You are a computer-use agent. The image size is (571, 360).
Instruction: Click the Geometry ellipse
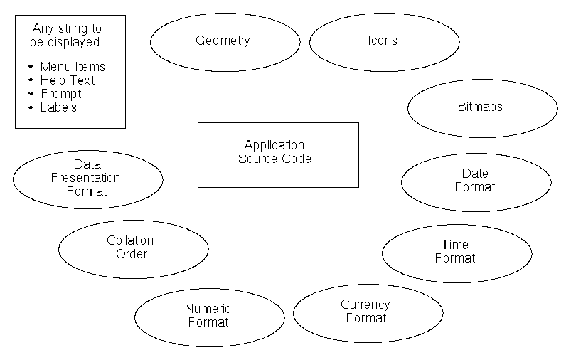click(x=223, y=41)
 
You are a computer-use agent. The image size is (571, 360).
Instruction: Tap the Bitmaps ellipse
click(x=480, y=107)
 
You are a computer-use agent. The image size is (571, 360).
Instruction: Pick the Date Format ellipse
click(x=475, y=181)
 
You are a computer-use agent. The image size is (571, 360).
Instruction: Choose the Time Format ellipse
click(x=455, y=252)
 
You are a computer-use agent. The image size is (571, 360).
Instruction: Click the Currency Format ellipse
click(x=365, y=312)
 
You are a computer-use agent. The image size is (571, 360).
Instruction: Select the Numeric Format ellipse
click(x=208, y=315)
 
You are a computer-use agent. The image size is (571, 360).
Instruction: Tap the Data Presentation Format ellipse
click(x=87, y=178)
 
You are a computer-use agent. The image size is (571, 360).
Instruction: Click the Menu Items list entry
click(x=73, y=67)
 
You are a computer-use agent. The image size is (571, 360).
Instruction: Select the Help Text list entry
click(x=67, y=80)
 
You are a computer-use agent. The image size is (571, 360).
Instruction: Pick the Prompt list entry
click(x=60, y=94)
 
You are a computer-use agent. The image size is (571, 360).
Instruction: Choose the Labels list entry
click(x=58, y=107)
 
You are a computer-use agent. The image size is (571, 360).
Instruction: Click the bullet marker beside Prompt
click(x=31, y=94)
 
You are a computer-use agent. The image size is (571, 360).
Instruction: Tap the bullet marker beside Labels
click(x=31, y=107)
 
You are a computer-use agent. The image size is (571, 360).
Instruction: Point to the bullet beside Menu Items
click(x=31, y=67)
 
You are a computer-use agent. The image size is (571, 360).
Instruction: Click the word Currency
click(x=365, y=305)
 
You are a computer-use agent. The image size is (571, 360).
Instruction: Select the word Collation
click(x=130, y=240)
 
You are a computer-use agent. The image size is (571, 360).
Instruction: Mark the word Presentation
click(x=85, y=178)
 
